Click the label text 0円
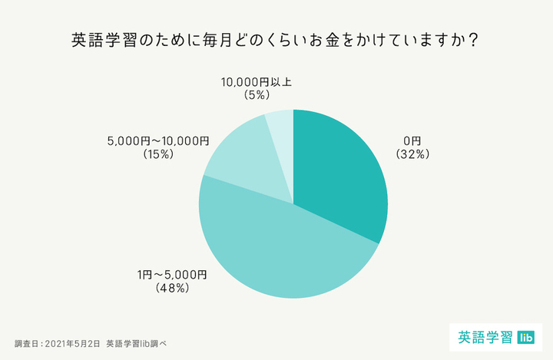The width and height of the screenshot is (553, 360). tap(412, 140)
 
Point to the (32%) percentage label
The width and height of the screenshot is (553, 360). tap(412, 154)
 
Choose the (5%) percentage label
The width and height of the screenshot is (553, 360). tap(256, 95)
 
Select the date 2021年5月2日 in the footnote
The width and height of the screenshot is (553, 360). tap(72, 343)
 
